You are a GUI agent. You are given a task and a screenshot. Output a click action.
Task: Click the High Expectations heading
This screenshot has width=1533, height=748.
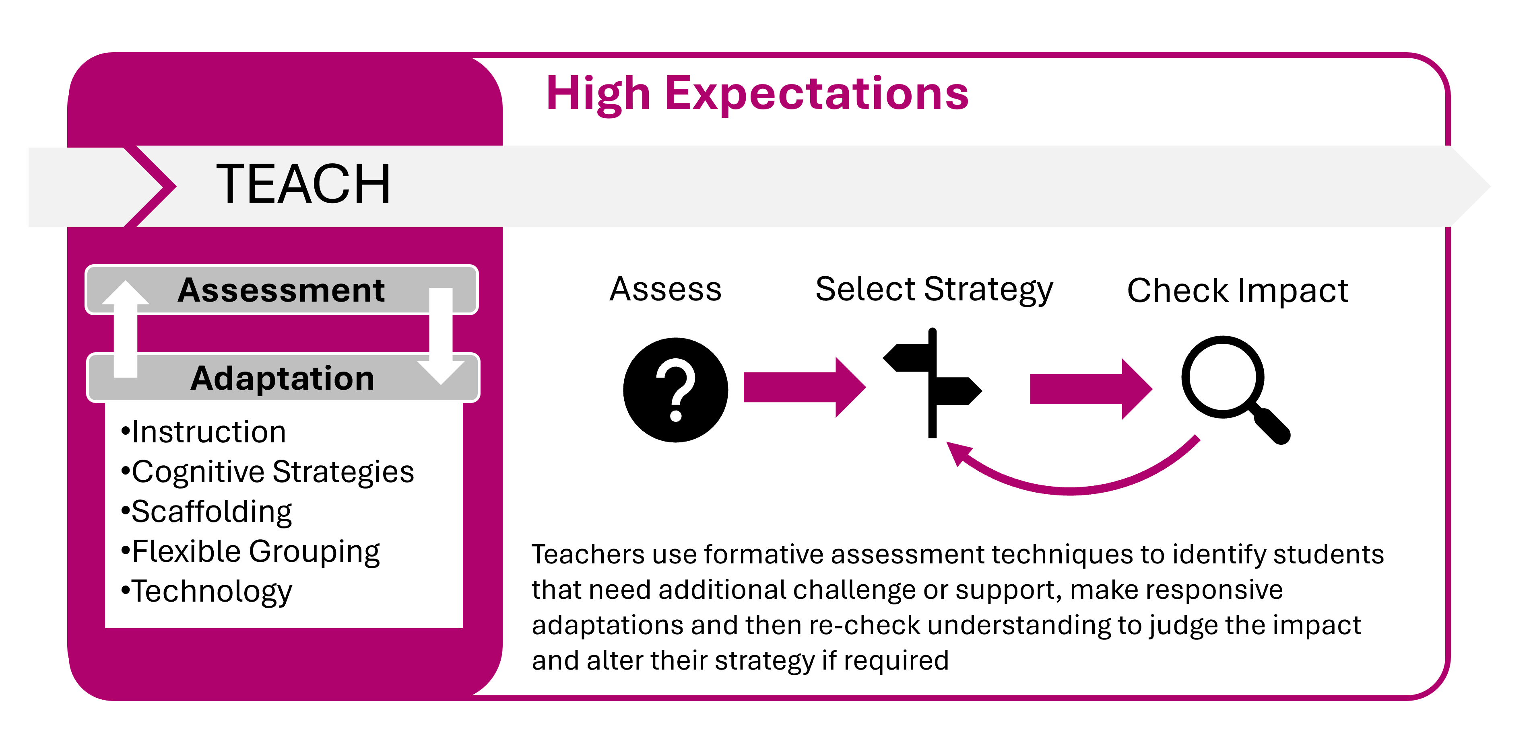[757, 94]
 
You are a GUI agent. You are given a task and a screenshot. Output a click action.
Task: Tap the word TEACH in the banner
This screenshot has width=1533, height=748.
[303, 184]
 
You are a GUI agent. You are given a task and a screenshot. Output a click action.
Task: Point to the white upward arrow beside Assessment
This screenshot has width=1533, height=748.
[125, 329]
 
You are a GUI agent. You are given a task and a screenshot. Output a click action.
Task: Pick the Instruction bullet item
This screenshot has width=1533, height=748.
[204, 432]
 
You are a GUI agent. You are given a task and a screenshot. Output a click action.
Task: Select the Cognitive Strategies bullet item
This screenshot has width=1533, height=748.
[267, 473]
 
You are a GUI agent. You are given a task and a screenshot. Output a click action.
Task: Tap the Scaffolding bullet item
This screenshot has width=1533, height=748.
[206, 512]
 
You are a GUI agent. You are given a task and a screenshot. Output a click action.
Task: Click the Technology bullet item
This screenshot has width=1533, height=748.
[206, 592]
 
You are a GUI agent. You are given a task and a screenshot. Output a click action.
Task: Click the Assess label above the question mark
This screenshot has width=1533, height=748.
[665, 290]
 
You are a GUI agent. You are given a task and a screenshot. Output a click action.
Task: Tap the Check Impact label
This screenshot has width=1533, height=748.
[1238, 291]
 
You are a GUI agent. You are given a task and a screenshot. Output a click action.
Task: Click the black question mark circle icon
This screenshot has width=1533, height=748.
[675, 390]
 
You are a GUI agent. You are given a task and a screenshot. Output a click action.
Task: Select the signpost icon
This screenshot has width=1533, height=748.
[933, 383]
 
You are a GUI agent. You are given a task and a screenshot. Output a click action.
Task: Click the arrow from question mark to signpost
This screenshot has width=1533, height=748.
[805, 388]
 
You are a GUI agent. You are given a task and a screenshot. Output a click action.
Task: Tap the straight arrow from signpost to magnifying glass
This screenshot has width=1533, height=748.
[1091, 389]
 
